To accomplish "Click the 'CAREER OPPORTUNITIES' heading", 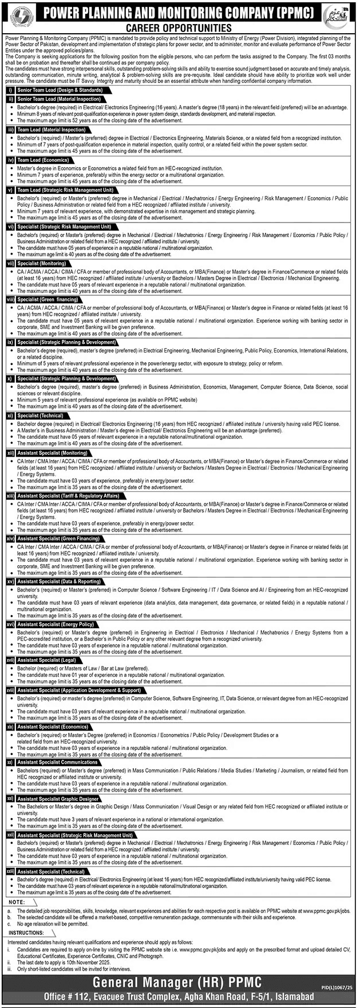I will coord(180,27).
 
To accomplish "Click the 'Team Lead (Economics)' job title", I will coord(43,160).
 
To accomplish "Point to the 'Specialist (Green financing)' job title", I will coord(48,300).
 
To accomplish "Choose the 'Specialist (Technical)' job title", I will coord(41,416).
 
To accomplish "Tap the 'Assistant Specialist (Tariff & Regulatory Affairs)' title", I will coord(69,496).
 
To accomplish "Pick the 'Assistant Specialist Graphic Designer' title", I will coord(58,799).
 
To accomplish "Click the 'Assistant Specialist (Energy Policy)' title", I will coord(56,624).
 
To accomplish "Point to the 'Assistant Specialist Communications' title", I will coord(57,762).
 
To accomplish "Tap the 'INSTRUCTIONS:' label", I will coord(26,933).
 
